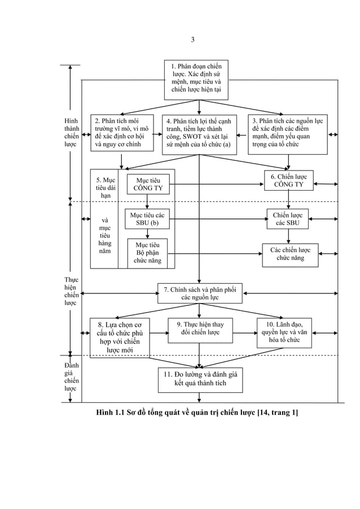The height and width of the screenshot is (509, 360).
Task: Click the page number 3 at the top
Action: (x=192, y=40)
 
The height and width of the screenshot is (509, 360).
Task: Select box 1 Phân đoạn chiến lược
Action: (x=196, y=79)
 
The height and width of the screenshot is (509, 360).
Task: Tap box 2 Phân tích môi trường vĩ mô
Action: (x=122, y=133)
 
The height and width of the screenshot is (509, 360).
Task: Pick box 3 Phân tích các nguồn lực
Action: (x=288, y=133)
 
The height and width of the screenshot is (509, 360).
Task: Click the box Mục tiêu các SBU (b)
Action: (x=147, y=220)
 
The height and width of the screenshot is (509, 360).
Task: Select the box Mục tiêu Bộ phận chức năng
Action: (x=147, y=253)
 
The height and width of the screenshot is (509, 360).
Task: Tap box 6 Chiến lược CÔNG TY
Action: (x=288, y=180)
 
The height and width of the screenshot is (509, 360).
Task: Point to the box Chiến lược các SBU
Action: (x=288, y=220)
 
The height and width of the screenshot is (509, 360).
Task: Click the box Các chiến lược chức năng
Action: (x=290, y=254)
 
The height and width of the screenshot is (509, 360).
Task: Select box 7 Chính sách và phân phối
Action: (x=199, y=293)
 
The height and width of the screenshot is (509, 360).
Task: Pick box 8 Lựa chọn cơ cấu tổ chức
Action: (x=120, y=337)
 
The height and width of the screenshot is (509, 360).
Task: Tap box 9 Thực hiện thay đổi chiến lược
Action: (x=200, y=330)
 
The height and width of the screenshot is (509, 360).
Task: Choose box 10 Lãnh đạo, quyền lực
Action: (x=284, y=332)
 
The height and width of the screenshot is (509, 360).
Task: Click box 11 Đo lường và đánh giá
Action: (x=200, y=379)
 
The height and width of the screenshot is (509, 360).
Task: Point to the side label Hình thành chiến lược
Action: (x=72, y=133)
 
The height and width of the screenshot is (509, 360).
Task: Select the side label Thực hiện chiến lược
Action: (x=72, y=291)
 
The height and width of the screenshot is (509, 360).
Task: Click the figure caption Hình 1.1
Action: (x=197, y=413)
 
